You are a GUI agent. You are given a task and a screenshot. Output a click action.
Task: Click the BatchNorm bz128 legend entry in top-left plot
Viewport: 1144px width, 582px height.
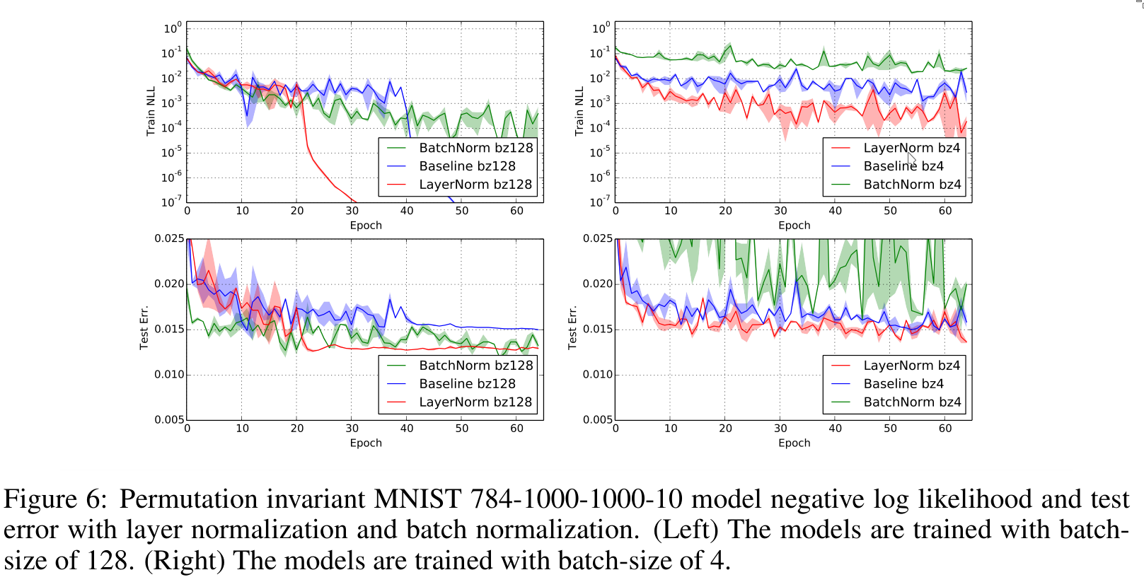pyautogui.click(x=475, y=148)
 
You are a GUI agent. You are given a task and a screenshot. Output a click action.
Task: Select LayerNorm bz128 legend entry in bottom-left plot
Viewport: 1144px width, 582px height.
pyautogui.click(x=475, y=402)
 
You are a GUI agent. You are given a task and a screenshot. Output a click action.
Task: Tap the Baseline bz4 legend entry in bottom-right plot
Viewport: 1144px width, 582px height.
pyautogui.click(x=903, y=383)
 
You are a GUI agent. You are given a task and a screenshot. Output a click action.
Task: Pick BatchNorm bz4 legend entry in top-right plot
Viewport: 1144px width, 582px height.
pyautogui.click(x=912, y=185)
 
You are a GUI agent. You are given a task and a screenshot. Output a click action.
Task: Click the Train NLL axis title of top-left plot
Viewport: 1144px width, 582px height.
pyautogui.click(x=151, y=112)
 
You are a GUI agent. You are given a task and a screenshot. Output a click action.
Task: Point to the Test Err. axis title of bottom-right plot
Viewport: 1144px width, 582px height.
pyautogui.click(x=572, y=327)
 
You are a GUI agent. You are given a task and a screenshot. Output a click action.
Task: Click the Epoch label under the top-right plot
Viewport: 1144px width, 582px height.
pyautogui.click(x=794, y=226)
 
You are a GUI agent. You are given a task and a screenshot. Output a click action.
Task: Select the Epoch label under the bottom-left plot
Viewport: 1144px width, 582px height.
pyautogui.click(x=366, y=443)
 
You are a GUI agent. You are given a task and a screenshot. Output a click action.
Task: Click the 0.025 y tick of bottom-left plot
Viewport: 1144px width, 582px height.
pyautogui.click(x=169, y=238)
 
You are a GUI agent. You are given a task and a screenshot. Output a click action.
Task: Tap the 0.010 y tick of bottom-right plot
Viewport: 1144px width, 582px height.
pyautogui.click(x=598, y=374)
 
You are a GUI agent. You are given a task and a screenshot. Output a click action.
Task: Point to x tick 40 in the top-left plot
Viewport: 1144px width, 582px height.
pyautogui.click(x=407, y=211)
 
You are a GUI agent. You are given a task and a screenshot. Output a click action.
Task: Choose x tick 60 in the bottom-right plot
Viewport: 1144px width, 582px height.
pyautogui.click(x=945, y=428)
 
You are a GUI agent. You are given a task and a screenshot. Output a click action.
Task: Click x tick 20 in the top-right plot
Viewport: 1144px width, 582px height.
pyautogui.click(x=725, y=211)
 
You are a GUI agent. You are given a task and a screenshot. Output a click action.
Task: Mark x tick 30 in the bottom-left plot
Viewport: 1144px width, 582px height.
pyautogui.click(x=352, y=428)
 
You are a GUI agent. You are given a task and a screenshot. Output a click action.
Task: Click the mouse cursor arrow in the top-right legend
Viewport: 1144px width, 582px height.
pyautogui.click(x=911, y=158)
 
